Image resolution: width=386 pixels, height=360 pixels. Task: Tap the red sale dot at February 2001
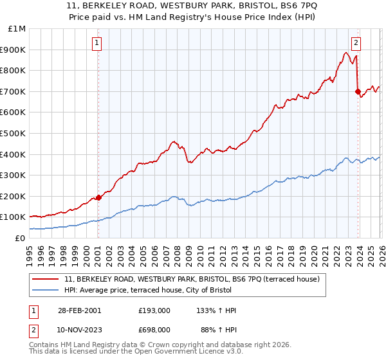tap(98, 197)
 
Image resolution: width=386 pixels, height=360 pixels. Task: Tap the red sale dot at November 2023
tap(358, 92)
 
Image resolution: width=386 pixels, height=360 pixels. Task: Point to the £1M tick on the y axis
tap(17, 29)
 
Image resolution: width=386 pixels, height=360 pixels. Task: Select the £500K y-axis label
tap(14, 134)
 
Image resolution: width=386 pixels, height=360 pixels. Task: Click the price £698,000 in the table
tap(154, 330)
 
